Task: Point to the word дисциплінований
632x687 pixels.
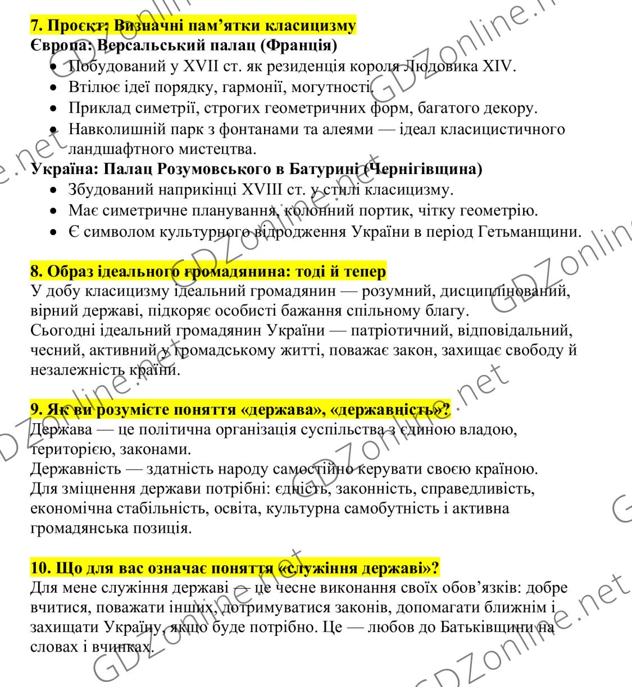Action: (506, 292)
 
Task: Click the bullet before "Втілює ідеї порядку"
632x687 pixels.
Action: (53, 88)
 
